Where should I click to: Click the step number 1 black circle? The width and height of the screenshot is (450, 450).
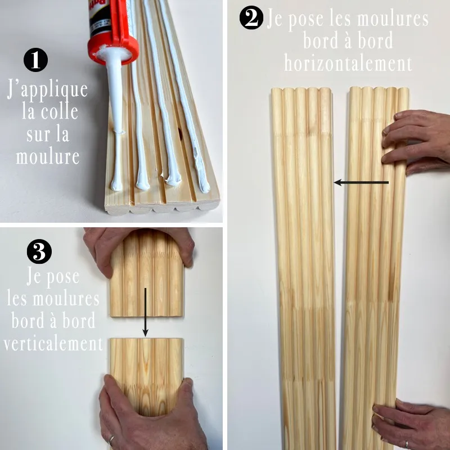tap(35, 60)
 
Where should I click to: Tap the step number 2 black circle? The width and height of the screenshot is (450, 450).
tap(251, 18)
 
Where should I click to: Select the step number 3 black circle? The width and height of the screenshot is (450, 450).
tap(39, 251)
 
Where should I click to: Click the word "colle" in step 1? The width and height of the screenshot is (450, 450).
tap(60, 112)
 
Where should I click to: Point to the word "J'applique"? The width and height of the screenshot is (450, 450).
tap(47, 91)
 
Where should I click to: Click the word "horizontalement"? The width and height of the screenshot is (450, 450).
tap(348, 64)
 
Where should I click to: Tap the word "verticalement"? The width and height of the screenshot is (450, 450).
tap(53, 344)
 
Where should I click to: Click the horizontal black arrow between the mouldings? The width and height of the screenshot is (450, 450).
tap(361, 182)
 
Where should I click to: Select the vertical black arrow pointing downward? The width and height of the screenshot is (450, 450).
tap(146, 312)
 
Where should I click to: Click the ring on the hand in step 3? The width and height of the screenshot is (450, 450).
tap(111, 440)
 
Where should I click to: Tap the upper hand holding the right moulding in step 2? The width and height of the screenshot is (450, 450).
tap(416, 141)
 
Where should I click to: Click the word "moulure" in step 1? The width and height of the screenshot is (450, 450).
tap(48, 157)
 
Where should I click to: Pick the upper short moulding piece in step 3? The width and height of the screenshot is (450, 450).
tap(147, 273)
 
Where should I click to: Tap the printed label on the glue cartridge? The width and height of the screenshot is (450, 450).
tap(99, 17)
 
